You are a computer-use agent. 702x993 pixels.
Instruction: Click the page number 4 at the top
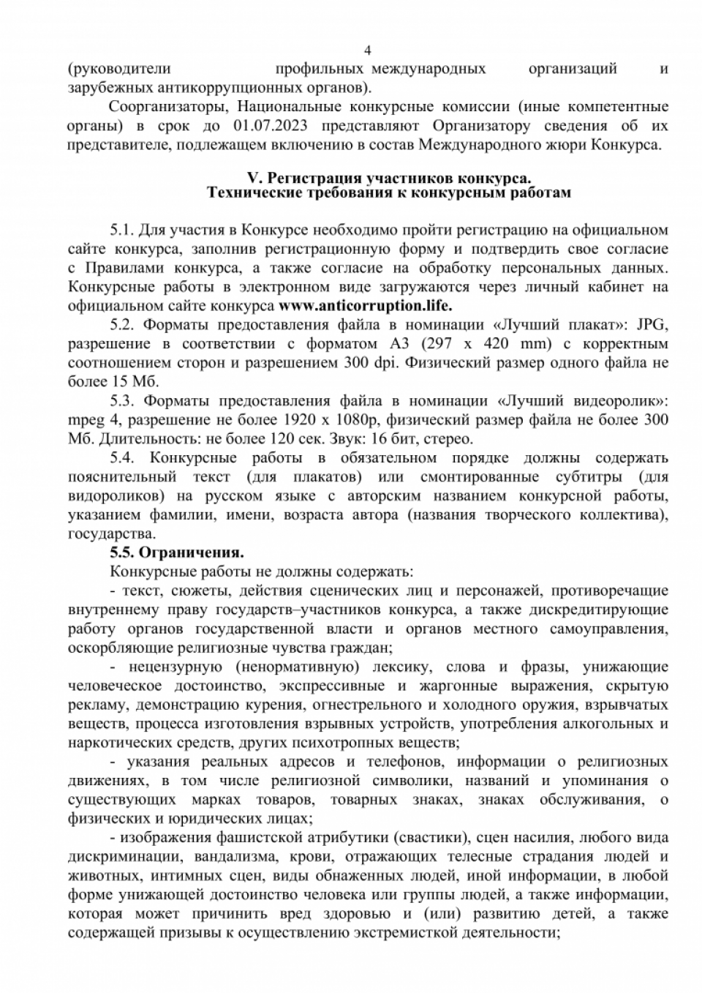click(x=368, y=50)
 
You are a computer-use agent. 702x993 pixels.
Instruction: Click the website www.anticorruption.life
click(x=366, y=305)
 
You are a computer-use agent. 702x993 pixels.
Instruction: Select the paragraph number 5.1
click(x=121, y=230)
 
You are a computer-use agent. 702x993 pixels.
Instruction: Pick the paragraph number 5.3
click(x=121, y=401)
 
